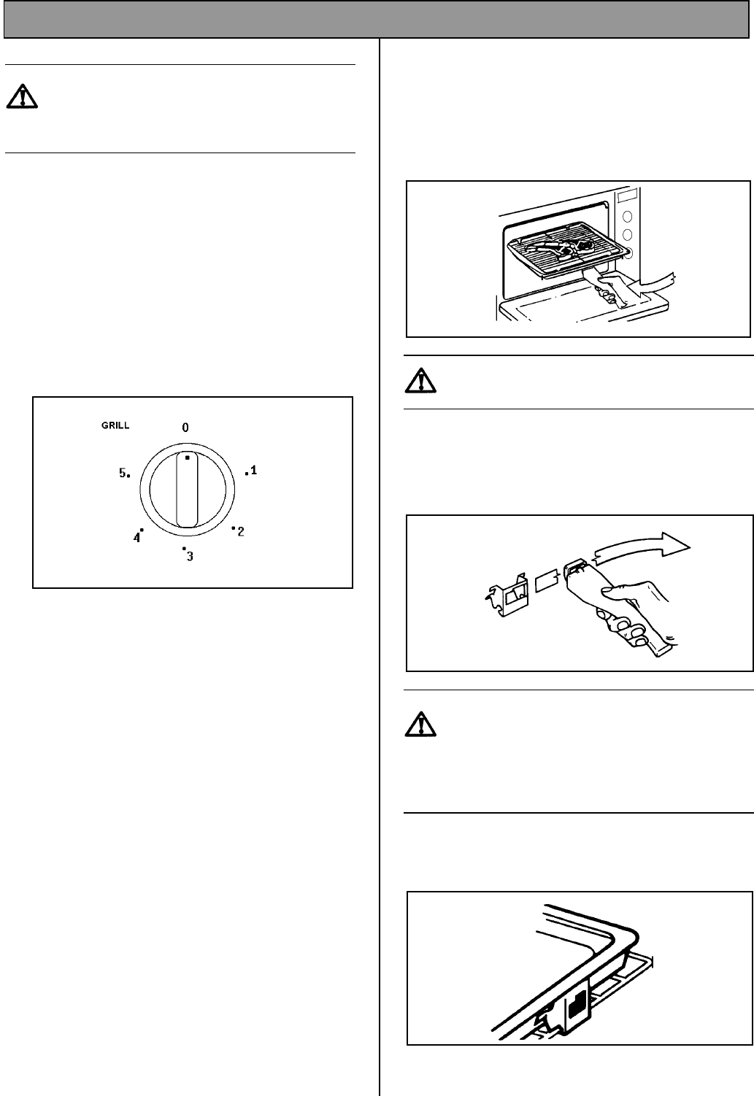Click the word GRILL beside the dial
point(115,425)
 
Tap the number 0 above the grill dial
point(185,428)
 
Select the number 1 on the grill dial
point(253,470)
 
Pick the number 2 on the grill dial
point(241,532)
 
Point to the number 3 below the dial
point(190,556)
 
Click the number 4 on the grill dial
point(136,538)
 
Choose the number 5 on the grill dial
point(123,473)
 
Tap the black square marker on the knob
point(187,458)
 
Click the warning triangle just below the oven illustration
point(420,381)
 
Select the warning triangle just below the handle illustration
point(420,725)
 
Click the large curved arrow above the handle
point(641,546)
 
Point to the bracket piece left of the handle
point(507,594)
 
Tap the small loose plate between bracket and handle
point(547,581)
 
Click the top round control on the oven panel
point(627,217)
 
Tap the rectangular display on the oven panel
point(628,197)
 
